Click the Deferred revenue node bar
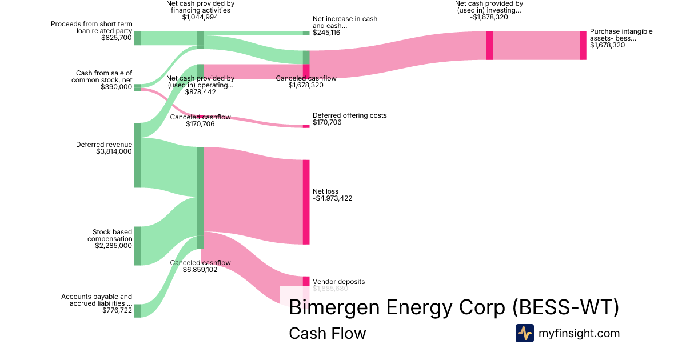[x=137, y=155]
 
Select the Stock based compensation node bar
[x=137, y=246]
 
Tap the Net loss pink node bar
[x=306, y=202]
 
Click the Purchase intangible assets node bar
[x=583, y=45]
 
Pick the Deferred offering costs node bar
[x=306, y=126]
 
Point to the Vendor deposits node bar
[x=306, y=281]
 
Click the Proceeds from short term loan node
[x=137, y=38]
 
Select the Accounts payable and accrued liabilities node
[x=137, y=310]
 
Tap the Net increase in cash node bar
[x=306, y=33]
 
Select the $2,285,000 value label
[x=114, y=246]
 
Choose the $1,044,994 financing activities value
[x=200, y=17]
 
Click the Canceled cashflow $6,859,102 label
[x=200, y=270]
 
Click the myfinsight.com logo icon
[x=524, y=333]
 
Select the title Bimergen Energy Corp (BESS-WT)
[x=454, y=307]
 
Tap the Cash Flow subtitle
[x=327, y=333]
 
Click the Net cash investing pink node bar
[x=489, y=45]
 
